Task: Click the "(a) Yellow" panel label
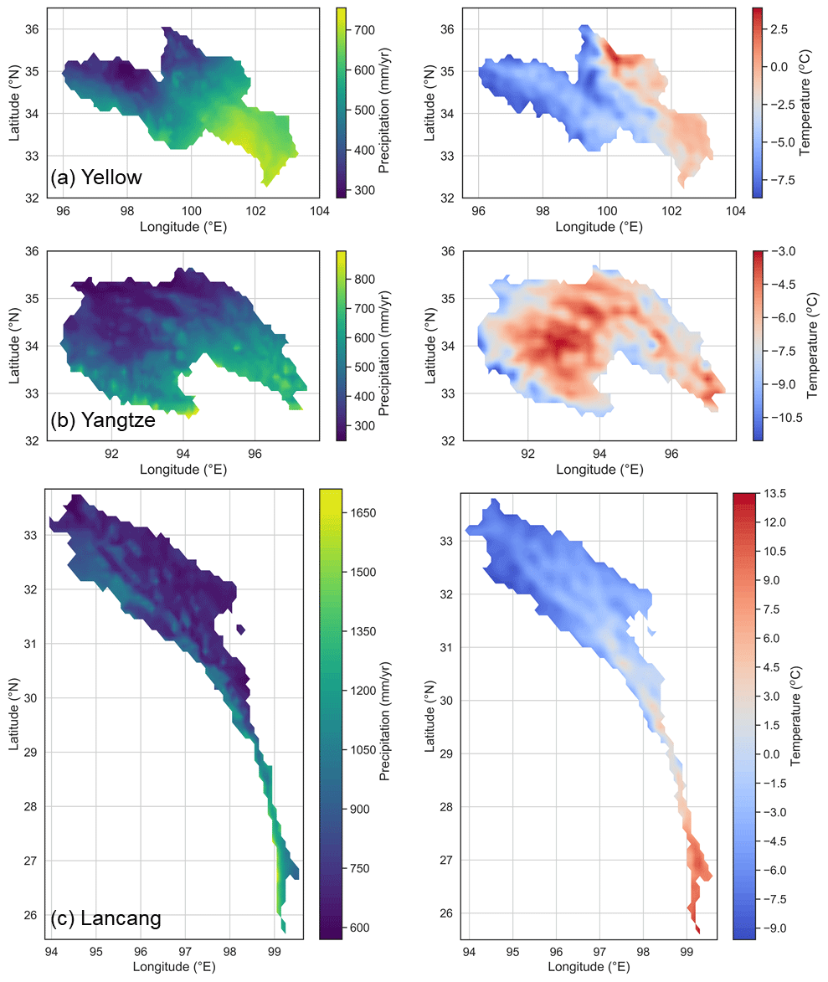click(x=96, y=177)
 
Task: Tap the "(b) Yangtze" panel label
click(x=103, y=420)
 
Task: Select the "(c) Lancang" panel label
click(x=106, y=918)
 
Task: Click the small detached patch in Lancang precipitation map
click(x=241, y=629)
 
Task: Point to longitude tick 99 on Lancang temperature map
click(x=687, y=951)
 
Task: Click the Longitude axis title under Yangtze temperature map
click(x=599, y=470)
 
